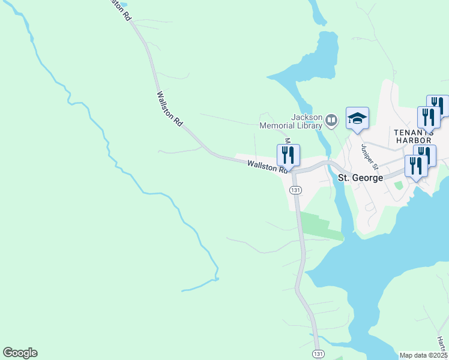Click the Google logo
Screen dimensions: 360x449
click(x=20, y=353)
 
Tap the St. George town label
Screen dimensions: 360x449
click(x=361, y=178)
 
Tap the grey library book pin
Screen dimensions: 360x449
click(x=331, y=121)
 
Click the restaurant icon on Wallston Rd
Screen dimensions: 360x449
click(x=289, y=155)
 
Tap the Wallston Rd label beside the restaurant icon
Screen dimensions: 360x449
click(x=267, y=166)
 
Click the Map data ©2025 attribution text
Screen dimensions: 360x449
click(x=423, y=355)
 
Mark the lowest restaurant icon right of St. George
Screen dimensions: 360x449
click(x=415, y=166)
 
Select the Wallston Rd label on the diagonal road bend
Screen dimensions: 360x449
click(x=169, y=108)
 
